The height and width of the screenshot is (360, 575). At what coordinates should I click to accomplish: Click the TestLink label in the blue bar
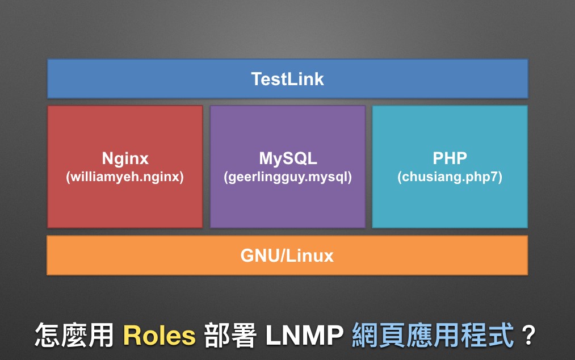[287, 79]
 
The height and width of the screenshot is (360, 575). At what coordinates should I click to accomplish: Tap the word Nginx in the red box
[125, 159]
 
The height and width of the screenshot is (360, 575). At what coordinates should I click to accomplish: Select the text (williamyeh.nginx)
[125, 177]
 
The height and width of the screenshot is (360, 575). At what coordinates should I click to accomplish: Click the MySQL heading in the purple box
[288, 158]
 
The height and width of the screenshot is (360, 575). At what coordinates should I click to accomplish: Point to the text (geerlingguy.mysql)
[288, 177]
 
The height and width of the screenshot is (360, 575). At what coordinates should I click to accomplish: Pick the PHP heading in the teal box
[450, 158]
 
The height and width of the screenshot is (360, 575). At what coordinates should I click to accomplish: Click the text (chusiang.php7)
[450, 177]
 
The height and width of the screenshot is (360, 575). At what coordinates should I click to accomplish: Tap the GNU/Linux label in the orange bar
[287, 256]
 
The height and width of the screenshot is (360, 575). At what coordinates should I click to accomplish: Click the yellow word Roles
[159, 336]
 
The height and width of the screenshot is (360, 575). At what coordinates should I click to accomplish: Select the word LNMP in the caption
[304, 335]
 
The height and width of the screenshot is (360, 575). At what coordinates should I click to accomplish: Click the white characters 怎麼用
[74, 335]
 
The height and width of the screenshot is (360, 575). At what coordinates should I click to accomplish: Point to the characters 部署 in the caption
[230, 335]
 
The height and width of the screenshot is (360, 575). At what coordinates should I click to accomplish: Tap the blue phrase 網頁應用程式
[433, 335]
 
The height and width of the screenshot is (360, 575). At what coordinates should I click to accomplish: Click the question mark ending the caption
[528, 335]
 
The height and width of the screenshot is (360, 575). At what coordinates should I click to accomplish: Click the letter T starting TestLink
[257, 79]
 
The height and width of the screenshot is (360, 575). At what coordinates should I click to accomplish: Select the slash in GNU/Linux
[282, 256]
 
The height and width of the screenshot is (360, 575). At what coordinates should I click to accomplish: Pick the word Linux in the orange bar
[310, 256]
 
